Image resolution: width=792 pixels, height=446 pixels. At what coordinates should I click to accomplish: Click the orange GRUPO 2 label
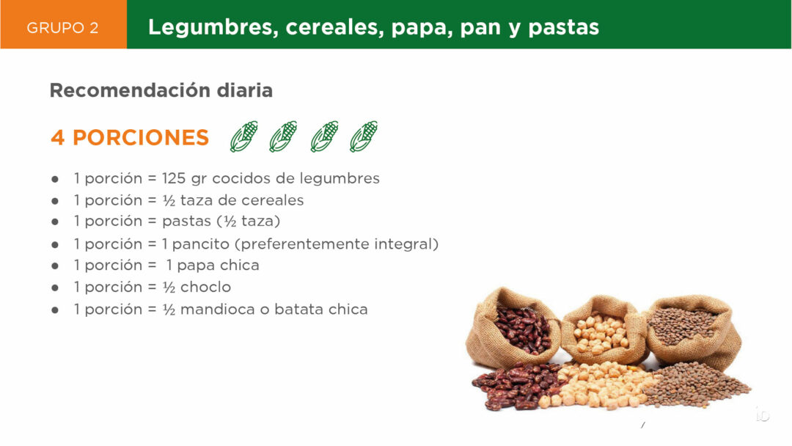point(62,28)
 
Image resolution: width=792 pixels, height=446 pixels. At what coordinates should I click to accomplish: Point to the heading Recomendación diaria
point(161,90)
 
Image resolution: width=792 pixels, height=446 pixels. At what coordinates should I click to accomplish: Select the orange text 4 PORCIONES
point(130,137)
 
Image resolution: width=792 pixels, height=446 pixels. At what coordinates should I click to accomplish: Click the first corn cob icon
point(244,136)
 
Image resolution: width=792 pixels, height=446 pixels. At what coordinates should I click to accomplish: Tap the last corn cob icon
point(364,136)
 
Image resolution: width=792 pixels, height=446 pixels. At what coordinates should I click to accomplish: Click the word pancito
point(200,244)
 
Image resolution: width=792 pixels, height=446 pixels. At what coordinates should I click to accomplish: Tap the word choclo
point(205,287)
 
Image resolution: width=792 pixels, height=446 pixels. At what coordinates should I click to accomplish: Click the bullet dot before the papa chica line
point(55,266)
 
